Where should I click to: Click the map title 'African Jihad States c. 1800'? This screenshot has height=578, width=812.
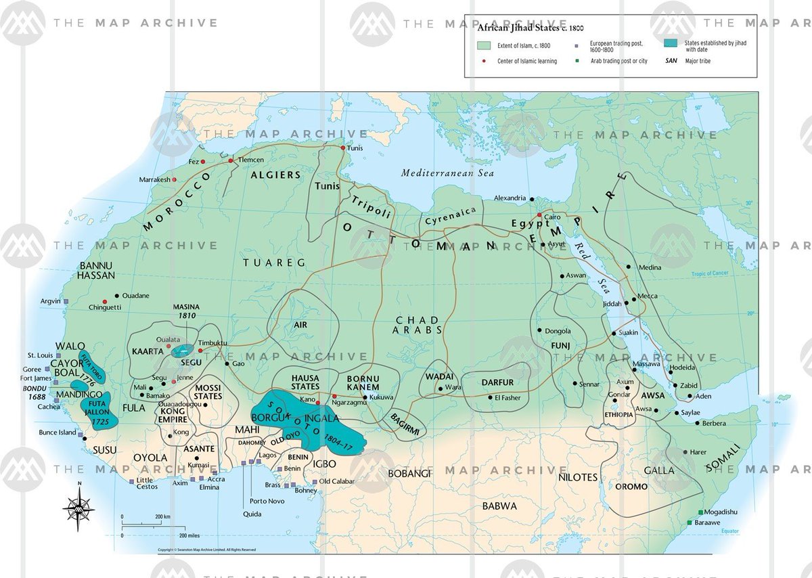pos(531,28)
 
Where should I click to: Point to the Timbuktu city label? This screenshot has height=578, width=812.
pos(213,343)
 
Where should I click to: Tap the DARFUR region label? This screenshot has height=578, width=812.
pos(498,382)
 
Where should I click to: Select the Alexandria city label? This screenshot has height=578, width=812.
pos(510,198)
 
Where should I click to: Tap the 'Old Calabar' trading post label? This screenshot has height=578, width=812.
pos(336,481)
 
